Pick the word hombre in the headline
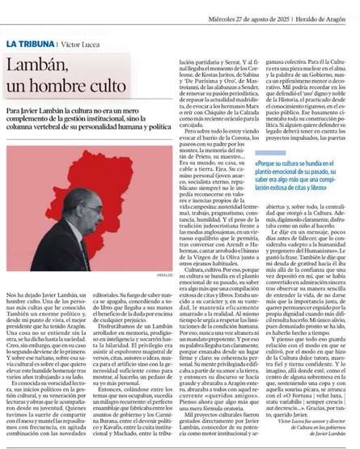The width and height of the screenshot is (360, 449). [x=54, y=83]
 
